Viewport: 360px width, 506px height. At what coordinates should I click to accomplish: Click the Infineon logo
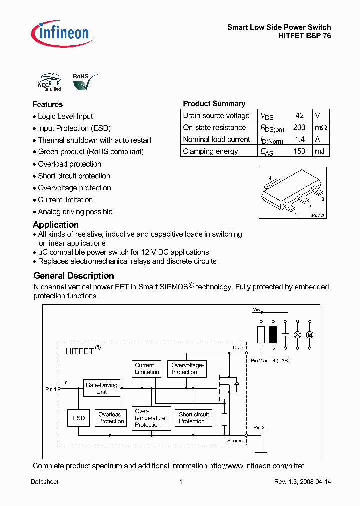coord(60,33)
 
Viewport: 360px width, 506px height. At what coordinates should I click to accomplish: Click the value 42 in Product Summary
coord(299,115)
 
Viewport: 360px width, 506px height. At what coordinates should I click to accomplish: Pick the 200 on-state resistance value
coord(299,127)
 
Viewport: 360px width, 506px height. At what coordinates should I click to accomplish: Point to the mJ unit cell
coord(318,151)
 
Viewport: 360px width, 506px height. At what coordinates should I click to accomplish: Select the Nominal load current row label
coord(216,139)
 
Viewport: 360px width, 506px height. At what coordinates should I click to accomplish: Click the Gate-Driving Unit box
coord(101,388)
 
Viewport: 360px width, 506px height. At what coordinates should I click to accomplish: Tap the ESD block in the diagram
coord(79,418)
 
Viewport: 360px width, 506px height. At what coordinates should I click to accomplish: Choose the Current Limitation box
coord(147,369)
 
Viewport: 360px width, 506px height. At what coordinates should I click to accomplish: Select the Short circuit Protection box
coord(193,418)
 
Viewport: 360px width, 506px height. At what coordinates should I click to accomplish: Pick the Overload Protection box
coord(110,418)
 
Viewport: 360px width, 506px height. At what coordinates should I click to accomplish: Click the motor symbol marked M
coord(309,334)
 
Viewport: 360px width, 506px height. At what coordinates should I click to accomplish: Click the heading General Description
coord(74,276)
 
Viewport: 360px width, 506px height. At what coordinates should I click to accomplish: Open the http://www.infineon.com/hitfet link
coord(256,466)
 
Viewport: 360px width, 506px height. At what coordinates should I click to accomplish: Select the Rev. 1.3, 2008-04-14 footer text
coord(302,482)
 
